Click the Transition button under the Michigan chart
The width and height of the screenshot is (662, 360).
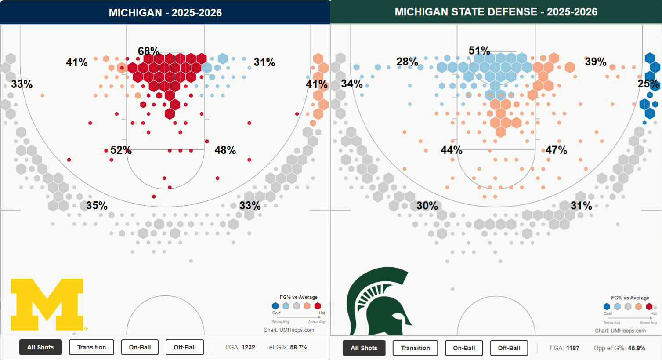point(91,347)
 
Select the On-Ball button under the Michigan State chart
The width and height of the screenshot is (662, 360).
point(464,348)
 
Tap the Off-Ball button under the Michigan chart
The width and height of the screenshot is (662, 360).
point(184,347)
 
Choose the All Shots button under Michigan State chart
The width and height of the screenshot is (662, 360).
point(364,348)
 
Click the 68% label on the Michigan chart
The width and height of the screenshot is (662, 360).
point(148,51)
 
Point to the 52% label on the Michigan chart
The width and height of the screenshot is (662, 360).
point(121,150)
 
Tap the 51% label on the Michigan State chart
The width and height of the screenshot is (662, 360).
point(479,51)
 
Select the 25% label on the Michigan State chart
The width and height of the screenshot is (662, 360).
point(648,84)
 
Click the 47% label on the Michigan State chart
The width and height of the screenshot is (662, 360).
point(556,150)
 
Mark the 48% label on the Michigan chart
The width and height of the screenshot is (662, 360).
point(225,150)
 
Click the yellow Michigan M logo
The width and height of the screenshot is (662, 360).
point(47,304)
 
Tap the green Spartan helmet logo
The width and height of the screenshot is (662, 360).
point(379,301)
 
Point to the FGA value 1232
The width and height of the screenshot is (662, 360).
point(248,347)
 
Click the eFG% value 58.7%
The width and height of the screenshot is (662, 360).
point(299,347)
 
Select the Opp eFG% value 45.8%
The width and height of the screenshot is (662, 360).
point(637,348)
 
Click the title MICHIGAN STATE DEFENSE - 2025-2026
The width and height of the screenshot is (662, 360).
point(496,12)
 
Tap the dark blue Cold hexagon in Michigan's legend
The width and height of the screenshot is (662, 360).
point(275,306)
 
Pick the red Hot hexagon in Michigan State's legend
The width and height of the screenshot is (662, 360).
point(649,306)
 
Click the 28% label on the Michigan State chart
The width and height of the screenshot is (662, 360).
point(407,62)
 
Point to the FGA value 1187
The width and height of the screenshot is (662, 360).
point(572,348)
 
